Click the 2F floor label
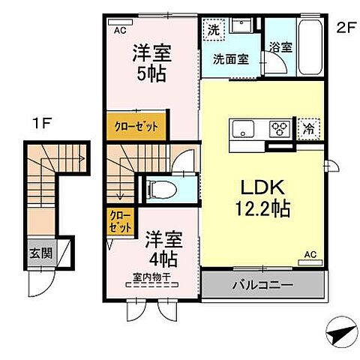343,29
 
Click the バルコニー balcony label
262,285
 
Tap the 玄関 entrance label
41,253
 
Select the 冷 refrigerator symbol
308,128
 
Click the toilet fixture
162,189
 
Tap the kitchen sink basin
246,128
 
